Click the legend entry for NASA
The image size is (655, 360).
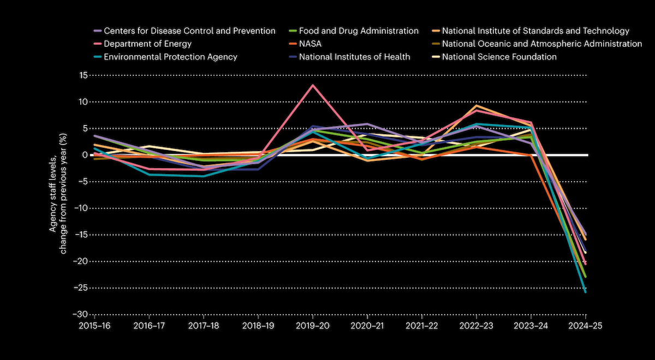[311, 44]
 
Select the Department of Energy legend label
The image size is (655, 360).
[147, 44]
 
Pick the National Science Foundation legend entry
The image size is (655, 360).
[499, 57]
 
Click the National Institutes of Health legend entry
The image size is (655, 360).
[354, 57]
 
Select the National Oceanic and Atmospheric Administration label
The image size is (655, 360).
[541, 44]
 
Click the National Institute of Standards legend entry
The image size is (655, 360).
[535, 31]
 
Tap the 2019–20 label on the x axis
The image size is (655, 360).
[313, 325]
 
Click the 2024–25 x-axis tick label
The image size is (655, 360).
[586, 325]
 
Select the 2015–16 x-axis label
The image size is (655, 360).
[94, 325]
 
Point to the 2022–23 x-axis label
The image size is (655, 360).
[477, 325]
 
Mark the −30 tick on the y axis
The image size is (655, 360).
[81, 315]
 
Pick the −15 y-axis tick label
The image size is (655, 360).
[81, 235]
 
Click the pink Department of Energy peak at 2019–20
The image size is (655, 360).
[313, 85]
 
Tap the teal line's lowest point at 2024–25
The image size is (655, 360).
[586, 292]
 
